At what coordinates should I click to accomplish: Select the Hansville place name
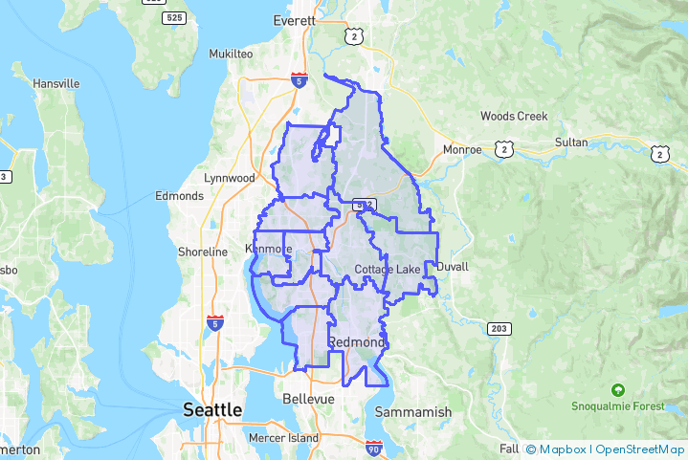[56, 83]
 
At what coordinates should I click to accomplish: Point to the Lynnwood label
[230, 178]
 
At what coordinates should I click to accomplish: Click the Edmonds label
[179, 196]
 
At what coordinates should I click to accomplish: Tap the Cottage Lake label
[387, 270]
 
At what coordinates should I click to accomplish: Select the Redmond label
[356, 341]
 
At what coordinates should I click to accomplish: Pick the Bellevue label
[308, 398]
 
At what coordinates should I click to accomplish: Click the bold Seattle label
[212, 409]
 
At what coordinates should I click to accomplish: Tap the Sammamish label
[412, 411]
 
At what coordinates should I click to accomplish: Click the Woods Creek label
[514, 116]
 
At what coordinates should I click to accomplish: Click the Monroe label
[463, 150]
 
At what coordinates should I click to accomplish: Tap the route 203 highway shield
[499, 329]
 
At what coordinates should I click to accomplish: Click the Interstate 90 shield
[374, 448]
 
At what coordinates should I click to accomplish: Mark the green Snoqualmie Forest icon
[618, 390]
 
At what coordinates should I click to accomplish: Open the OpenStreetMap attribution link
[640, 449]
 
